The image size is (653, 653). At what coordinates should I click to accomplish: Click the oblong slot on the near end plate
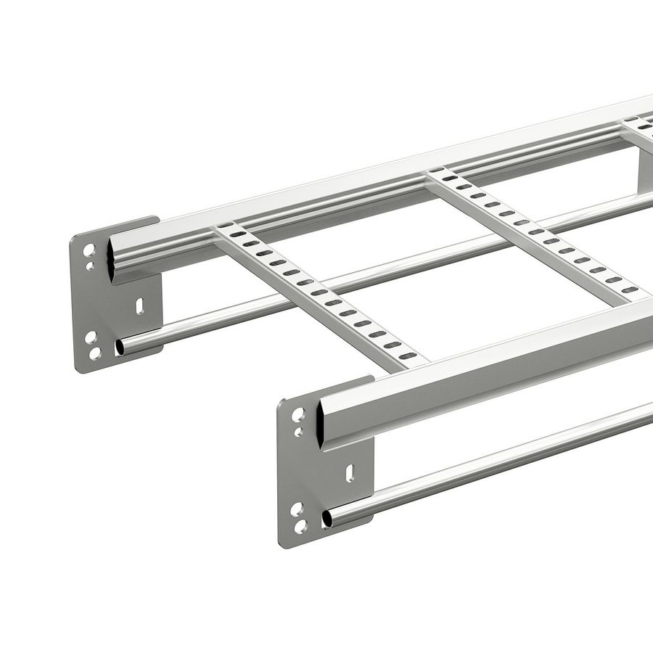point(350,473)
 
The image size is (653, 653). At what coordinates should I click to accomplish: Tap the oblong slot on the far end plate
point(139,306)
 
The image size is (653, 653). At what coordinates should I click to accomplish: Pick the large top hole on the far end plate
point(89,250)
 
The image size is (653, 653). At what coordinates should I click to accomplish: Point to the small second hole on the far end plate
point(90,266)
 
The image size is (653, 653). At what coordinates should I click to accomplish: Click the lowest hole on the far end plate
point(95,353)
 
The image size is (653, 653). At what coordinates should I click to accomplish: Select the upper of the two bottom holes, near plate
point(296,509)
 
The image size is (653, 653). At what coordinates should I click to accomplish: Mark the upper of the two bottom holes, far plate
point(90,337)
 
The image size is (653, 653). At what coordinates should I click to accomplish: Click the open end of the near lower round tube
point(327,518)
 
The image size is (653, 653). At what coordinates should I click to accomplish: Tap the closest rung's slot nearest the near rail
point(408,356)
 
